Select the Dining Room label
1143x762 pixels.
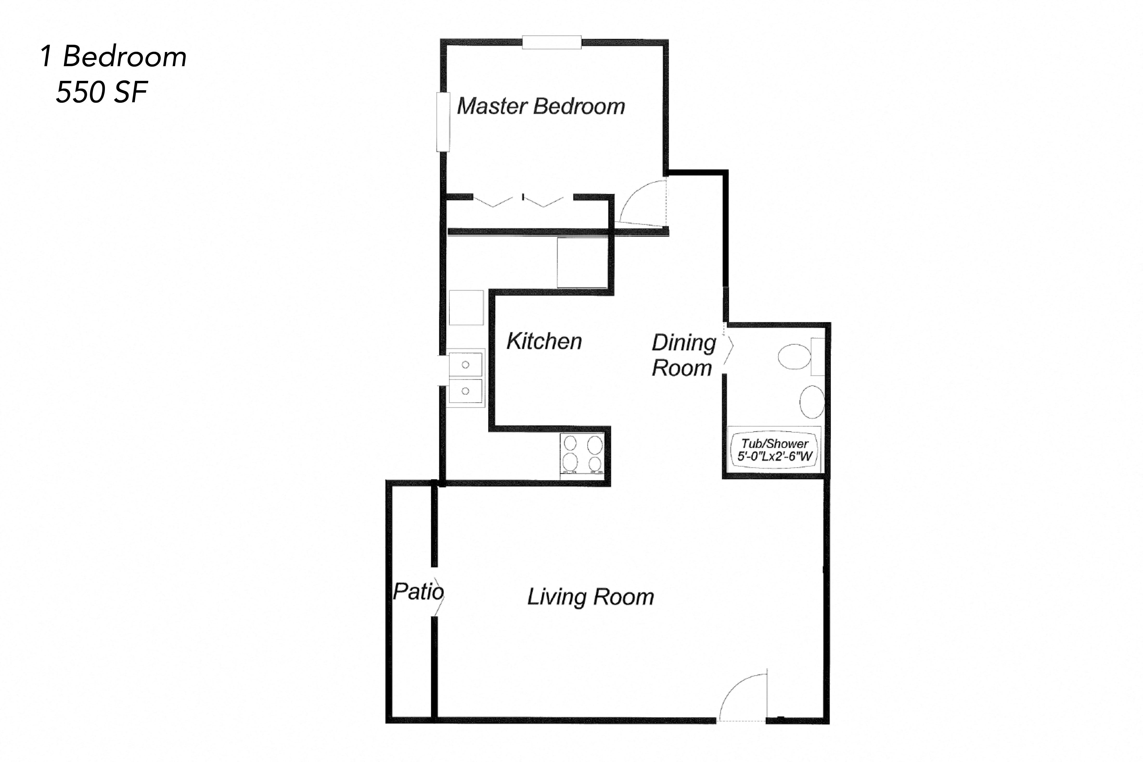pyautogui.click(x=683, y=355)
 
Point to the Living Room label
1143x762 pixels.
pyautogui.click(x=591, y=597)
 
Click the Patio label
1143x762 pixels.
pyautogui.click(x=418, y=591)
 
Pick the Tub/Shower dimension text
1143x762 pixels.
pyautogui.click(x=775, y=450)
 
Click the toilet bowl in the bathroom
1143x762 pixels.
pyautogui.click(x=795, y=357)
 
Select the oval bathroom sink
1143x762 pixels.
pyautogui.click(x=812, y=402)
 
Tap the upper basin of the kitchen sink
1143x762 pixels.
pyautogui.click(x=466, y=365)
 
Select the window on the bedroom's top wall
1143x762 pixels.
pyautogui.click(x=552, y=42)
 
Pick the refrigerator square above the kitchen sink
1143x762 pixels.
pyautogui.click(x=466, y=308)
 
